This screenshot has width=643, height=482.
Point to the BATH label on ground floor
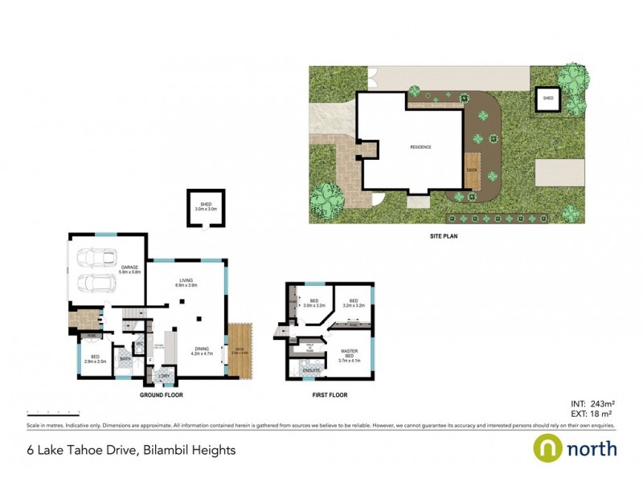[x=125, y=360]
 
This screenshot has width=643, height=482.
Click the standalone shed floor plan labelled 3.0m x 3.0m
[x=205, y=208]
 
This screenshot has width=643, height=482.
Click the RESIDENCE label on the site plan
[x=420, y=147]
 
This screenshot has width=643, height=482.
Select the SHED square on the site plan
[x=548, y=98]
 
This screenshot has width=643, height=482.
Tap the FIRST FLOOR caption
[x=330, y=395]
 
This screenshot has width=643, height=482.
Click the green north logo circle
[x=548, y=447]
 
